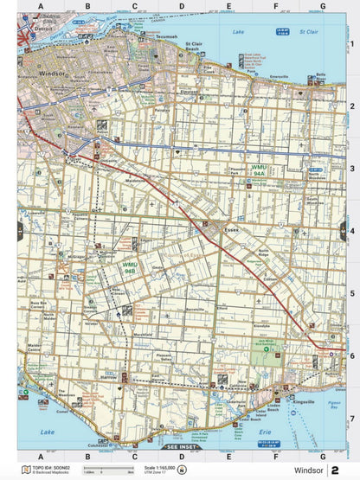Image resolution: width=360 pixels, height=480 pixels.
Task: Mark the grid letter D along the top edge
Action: tap(181, 6)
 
